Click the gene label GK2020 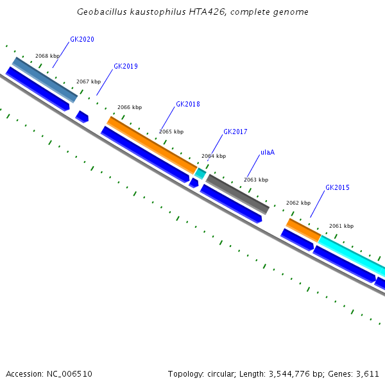tap(82, 39)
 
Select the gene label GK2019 tap(125, 66)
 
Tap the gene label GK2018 tap(187, 104)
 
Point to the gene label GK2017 tap(235, 132)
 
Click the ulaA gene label tap(268, 153)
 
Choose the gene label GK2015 tap(337, 187)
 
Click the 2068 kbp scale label tap(47, 56)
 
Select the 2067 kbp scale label tap(89, 81)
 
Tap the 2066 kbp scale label tap(130, 107)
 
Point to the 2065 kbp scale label tap(171, 132)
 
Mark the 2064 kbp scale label tap(214, 156)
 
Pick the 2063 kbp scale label tap(256, 180)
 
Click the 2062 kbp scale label tap(298, 203)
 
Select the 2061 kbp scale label tap(341, 226)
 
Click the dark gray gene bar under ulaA tap(237, 194)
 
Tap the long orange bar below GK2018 tap(152, 145)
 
